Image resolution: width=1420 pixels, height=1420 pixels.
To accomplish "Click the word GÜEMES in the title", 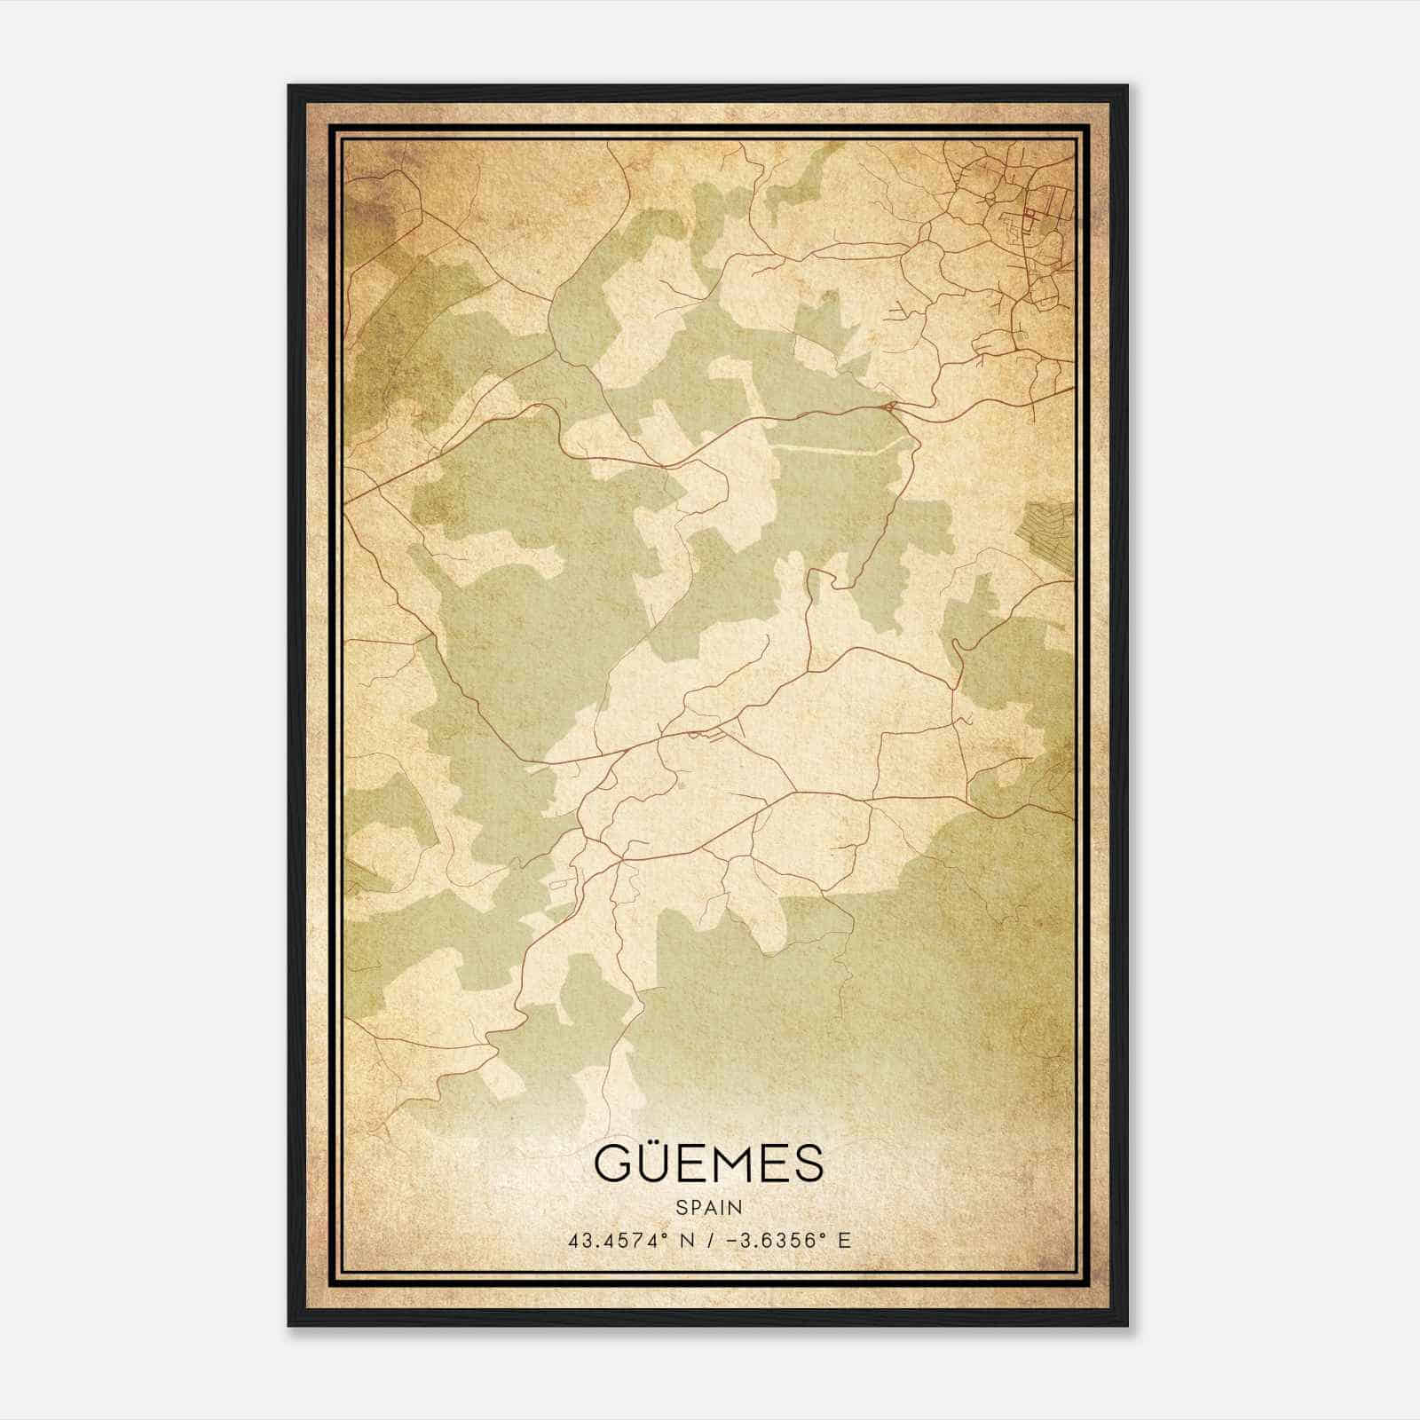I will (x=709, y=1165).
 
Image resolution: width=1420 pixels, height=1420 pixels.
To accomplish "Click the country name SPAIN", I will (x=709, y=1208).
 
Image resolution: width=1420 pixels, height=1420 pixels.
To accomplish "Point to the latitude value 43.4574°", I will (x=619, y=1241).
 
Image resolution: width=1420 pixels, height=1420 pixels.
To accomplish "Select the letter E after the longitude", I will (x=843, y=1241).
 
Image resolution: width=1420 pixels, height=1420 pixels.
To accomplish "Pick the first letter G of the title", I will (x=611, y=1165).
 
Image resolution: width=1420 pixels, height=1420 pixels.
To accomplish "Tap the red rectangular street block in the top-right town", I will (x=1030, y=214).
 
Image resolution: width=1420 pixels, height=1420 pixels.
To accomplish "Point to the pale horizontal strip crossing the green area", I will (x=834, y=449).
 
